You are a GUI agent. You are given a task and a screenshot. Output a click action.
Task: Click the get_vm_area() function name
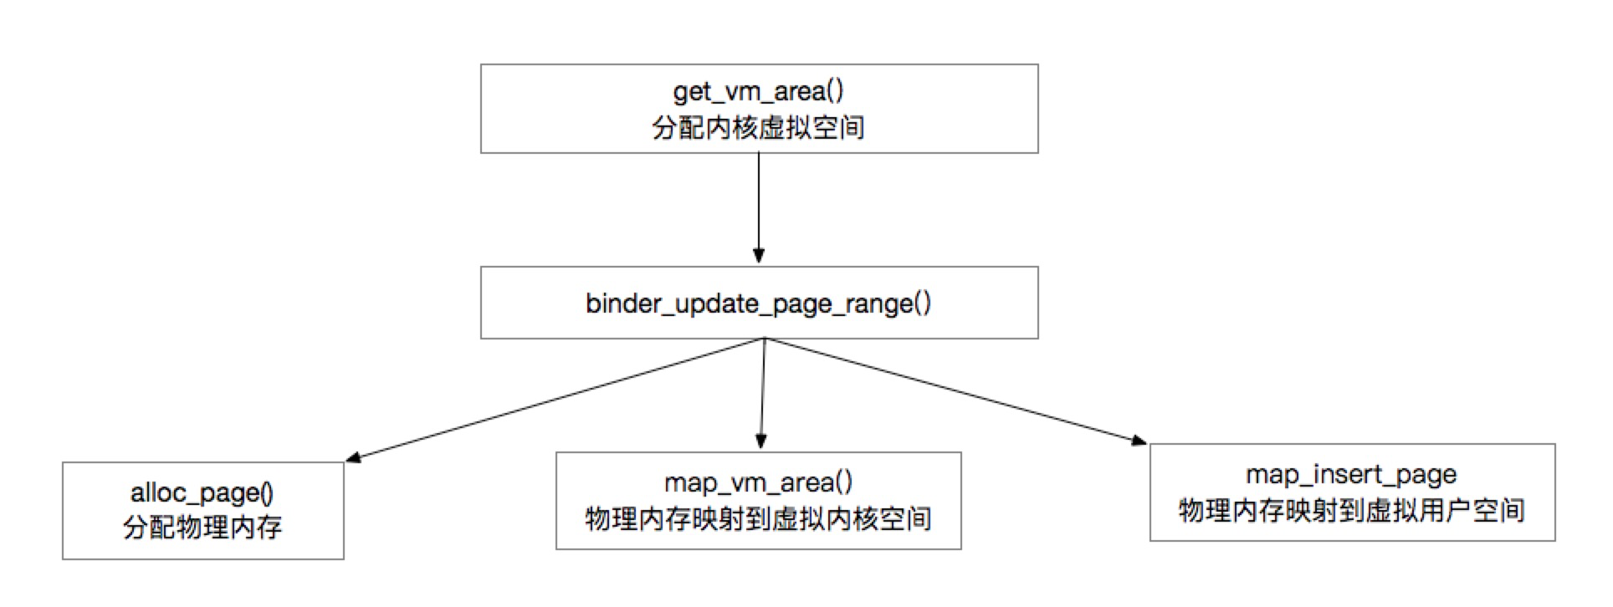click(758, 91)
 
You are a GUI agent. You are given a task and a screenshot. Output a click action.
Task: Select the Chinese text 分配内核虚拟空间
click(758, 128)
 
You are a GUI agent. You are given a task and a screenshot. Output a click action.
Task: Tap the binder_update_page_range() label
click(758, 303)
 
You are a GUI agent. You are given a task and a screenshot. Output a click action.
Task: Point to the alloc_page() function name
click(202, 493)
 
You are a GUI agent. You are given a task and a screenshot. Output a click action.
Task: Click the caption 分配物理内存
click(202, 528)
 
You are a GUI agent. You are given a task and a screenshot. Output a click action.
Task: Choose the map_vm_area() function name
click(758, 483)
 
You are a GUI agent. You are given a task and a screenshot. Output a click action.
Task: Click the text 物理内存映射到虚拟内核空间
click(758, 519)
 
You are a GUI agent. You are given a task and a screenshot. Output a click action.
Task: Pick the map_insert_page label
click(1351, 475)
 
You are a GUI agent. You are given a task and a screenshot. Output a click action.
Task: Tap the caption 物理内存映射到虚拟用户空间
click(1351, 510)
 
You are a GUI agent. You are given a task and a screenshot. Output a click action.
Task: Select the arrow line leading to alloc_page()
click(552, 400)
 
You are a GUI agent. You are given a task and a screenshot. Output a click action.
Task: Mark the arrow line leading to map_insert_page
click(954, 390)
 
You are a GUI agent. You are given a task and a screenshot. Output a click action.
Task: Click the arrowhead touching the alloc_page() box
click(354, 457)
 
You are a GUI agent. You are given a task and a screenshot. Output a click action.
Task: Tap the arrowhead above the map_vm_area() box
click(761, 442)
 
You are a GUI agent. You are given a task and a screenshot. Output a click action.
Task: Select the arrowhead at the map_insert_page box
click(1139, 440)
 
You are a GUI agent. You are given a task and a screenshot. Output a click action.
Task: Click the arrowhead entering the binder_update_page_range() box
click(759, 256)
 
